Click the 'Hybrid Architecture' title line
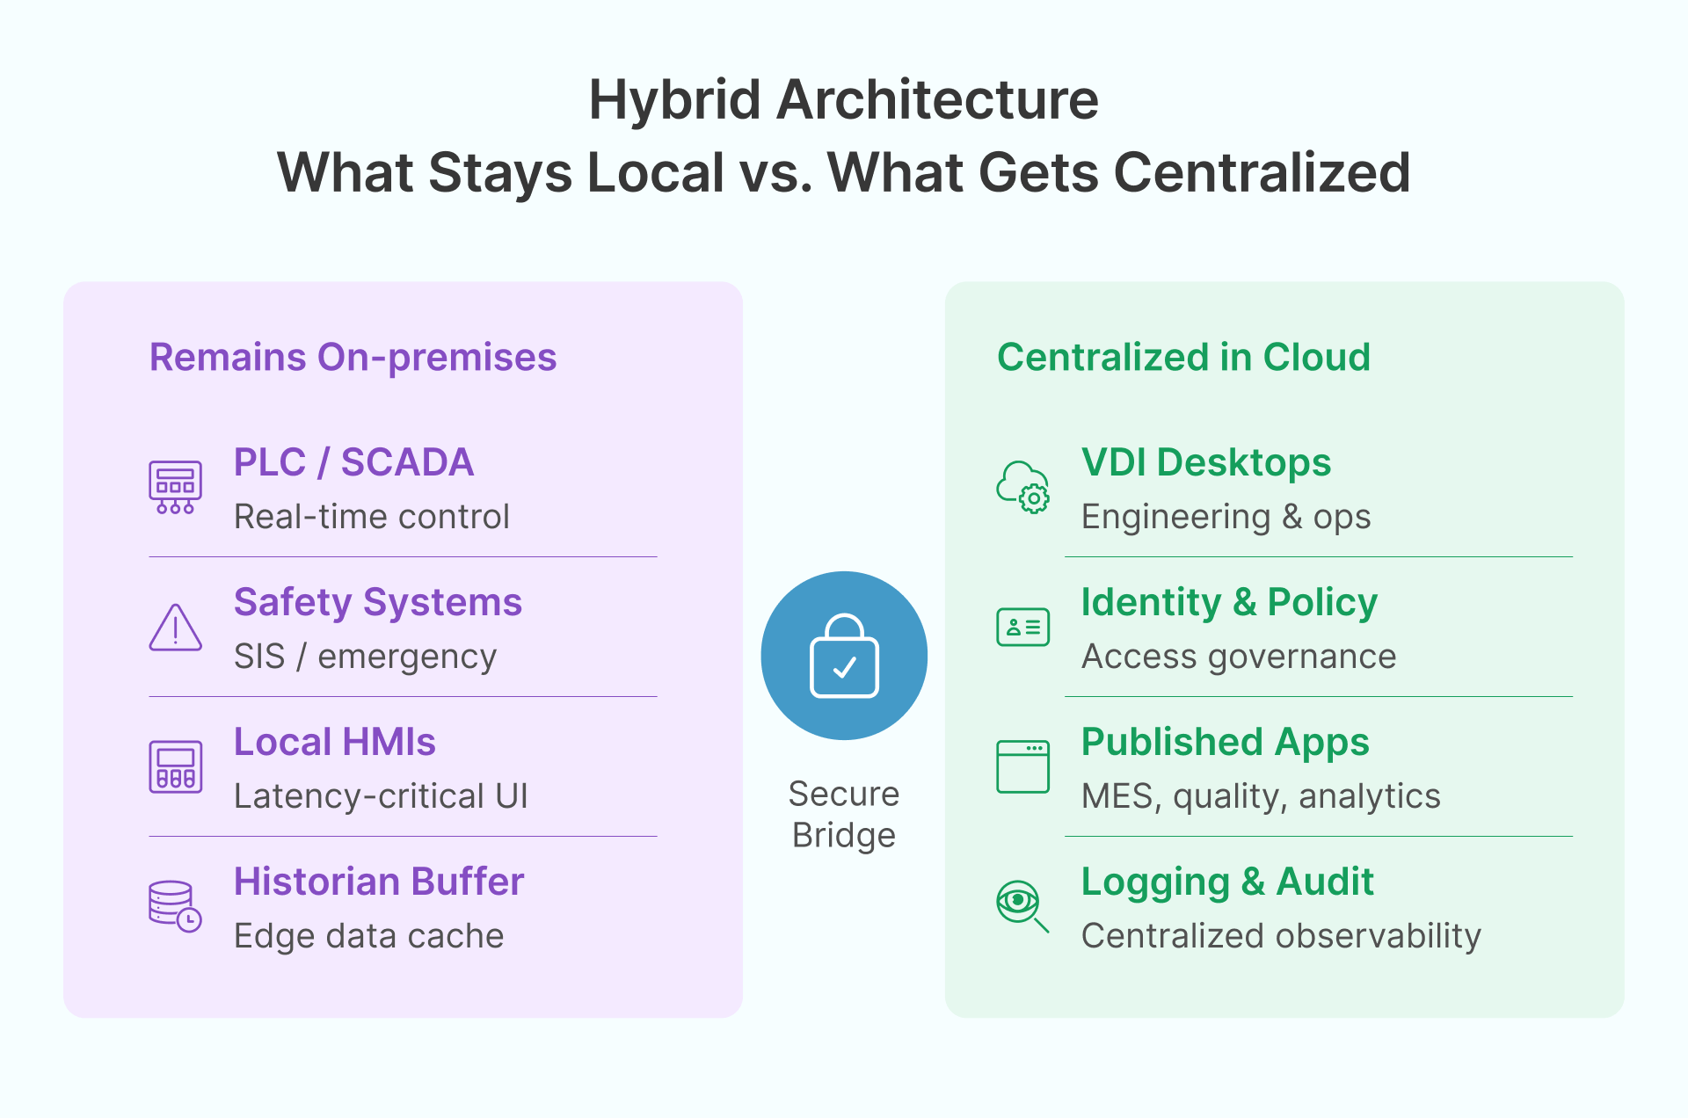[x=843, y=99]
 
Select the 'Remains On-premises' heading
[x=353, y=357]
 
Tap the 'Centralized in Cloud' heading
[x=1183, y=357]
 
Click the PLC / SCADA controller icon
[x=175, y=487]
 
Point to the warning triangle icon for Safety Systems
[x=175, y=628]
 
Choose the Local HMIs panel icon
[x=175, y=766]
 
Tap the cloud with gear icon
[x=1022, y=487]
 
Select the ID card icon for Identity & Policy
[x=1022, y=627]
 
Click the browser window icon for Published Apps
[x=1022, y=766]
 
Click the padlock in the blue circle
[x=844, y=656]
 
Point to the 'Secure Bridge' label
[x=844, y=814]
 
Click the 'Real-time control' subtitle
[x=371, y=517]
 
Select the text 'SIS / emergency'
[x=365, y=657]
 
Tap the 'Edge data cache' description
[x=368, y=936]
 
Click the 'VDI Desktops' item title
[x=1206, y=462]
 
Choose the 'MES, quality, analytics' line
[x=1261, y=796]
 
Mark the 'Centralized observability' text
[x=1281, y=936]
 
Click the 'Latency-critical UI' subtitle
[x=381, y=796]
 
